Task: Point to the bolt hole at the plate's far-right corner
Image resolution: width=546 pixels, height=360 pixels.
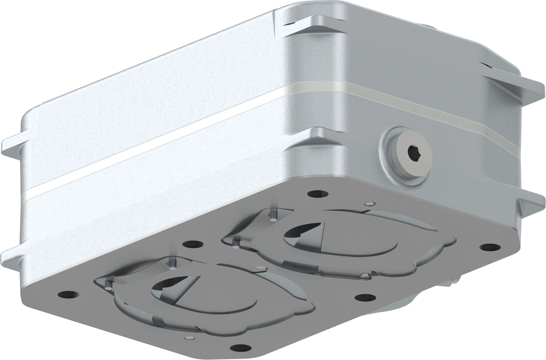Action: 489,247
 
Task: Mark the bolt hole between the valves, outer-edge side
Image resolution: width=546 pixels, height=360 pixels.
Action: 365,297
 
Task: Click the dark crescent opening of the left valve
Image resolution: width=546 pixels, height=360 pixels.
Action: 167,285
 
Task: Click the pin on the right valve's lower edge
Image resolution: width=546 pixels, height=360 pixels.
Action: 365,275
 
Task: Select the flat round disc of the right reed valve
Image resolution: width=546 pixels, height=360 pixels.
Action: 354,242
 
